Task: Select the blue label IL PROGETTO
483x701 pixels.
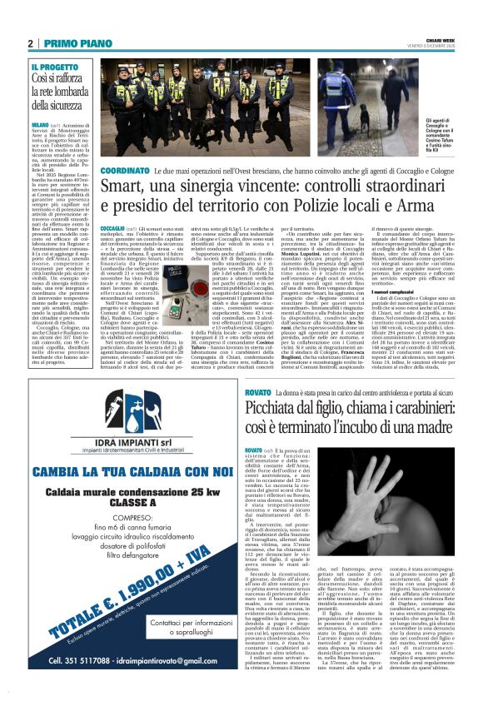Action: (55, 66)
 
